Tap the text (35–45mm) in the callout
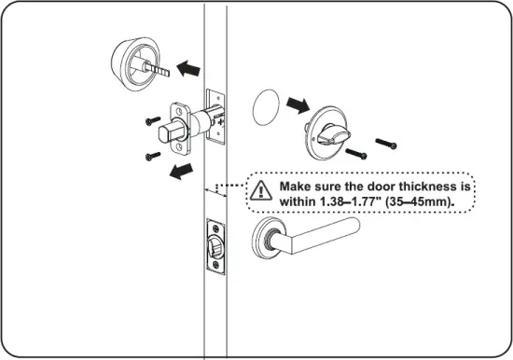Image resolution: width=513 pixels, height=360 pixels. coord(432,201)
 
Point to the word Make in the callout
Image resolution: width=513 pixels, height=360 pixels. coord(298,186)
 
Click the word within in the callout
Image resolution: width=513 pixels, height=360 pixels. coord(298,201)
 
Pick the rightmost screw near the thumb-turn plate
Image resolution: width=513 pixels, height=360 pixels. coord(386,143)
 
